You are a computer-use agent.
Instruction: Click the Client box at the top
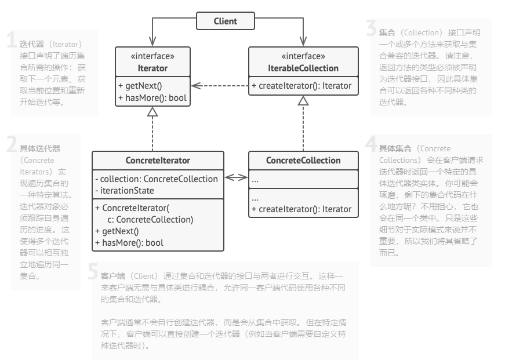[x=225, y=21]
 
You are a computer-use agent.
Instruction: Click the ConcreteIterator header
[x=158, y=161]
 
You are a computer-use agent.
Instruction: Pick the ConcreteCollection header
[x=303, y=161]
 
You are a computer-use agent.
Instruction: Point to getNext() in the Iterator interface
[x=137, y=85]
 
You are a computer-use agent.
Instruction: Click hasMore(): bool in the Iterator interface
[x=152, y=97]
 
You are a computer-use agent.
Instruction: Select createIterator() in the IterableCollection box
[x=301, y=85]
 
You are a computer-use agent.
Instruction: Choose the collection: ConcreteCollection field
[x=157, y=179]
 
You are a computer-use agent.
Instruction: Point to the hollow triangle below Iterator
[x=152, y=112]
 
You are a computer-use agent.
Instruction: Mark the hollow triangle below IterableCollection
[x=302, y=100]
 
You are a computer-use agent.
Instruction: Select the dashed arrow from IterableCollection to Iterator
[x=220, y=85]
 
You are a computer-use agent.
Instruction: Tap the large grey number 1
[x=11, y=41]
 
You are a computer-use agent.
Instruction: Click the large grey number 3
[x=371, y=28]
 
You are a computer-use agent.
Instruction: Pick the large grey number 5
[x=93, y=273]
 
